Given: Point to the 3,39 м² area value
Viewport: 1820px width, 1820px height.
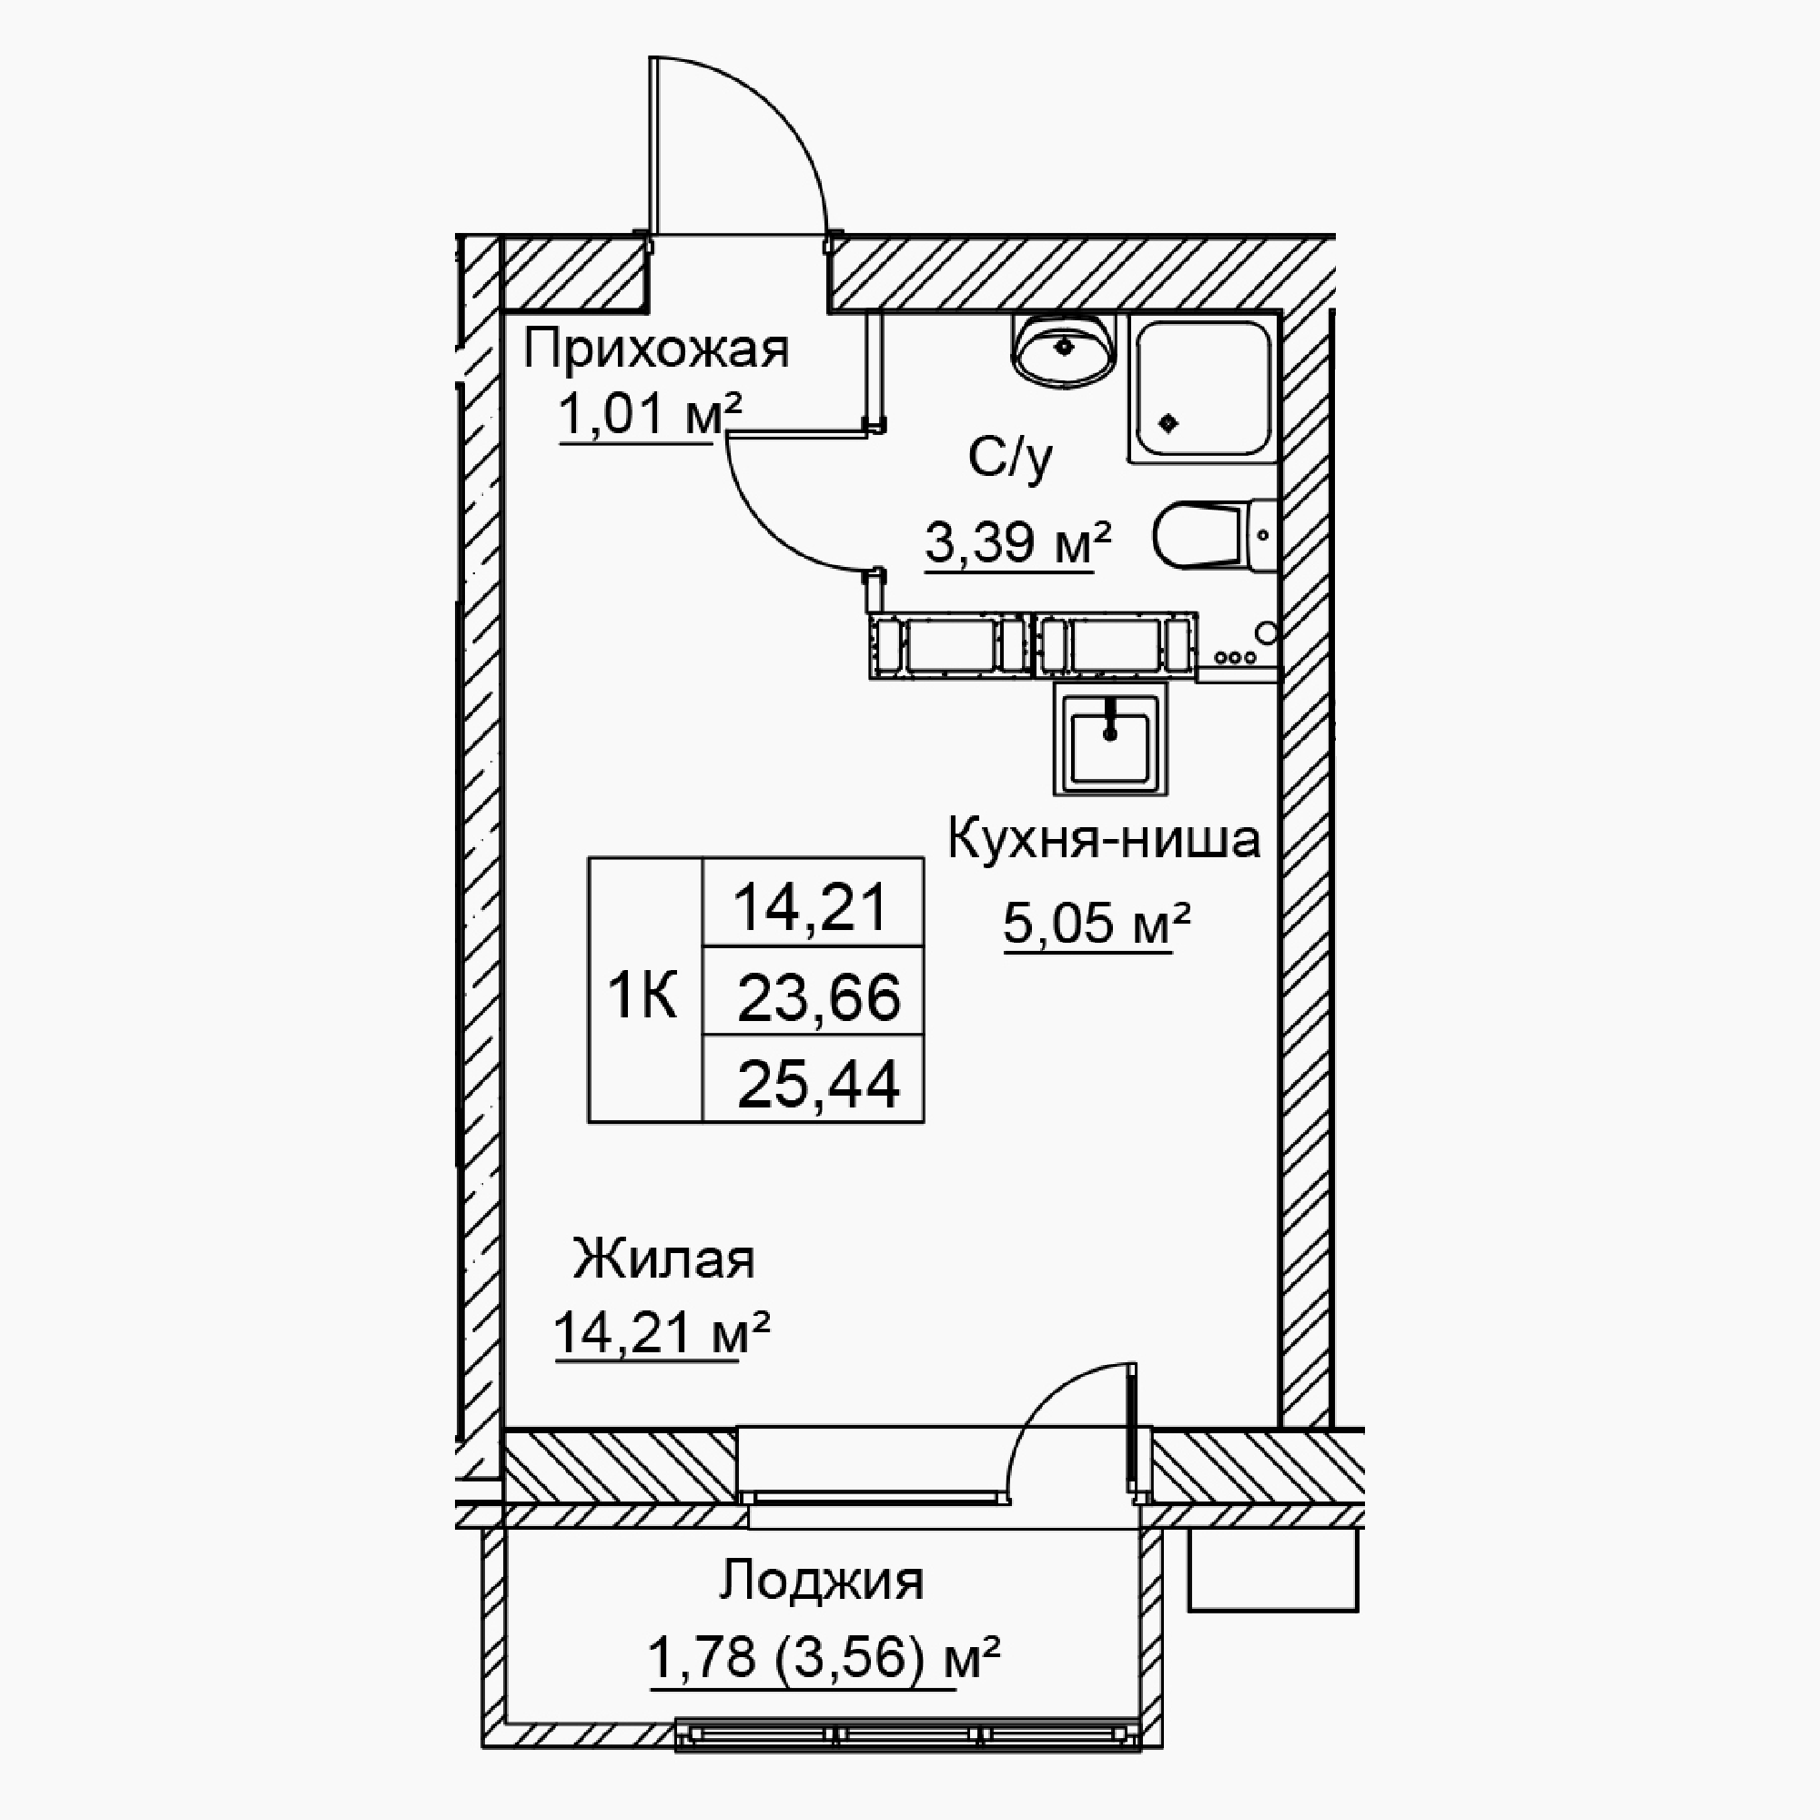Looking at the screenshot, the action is pos(1017,541).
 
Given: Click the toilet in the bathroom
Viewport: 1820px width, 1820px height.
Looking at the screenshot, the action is pos(1215,534).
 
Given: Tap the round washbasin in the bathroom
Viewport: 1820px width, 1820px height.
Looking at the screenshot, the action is pos(1064,350).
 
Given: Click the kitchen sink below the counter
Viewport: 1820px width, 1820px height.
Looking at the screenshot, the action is pos(1110,738).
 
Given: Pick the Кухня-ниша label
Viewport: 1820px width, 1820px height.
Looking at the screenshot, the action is pos(1103,838).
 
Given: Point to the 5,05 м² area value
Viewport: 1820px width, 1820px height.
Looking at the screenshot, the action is pos(1097,922).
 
